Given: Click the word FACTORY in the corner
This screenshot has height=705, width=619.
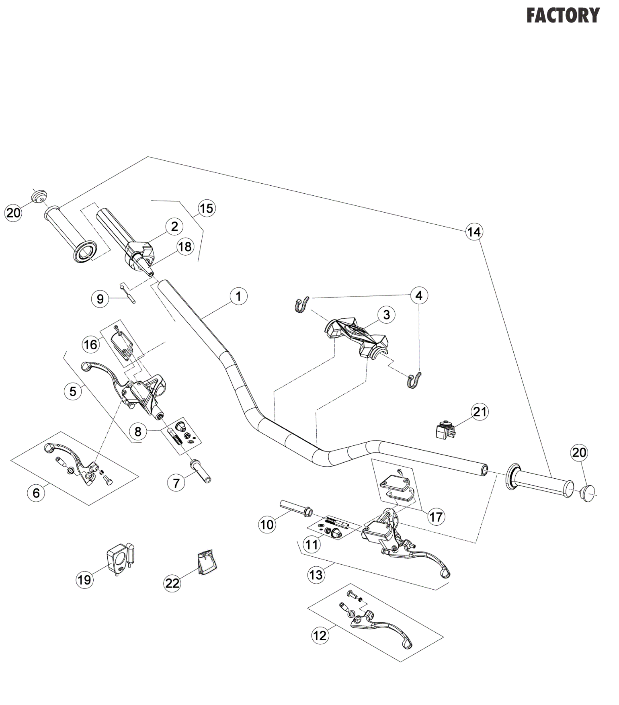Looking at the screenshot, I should [563, 16].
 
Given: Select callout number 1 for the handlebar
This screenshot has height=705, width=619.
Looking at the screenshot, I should [238, 296].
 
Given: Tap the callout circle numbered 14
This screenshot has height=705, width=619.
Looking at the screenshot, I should [474, 232].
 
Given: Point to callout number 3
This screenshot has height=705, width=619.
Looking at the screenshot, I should [386, 314].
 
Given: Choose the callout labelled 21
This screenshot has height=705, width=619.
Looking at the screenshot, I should [480, 412].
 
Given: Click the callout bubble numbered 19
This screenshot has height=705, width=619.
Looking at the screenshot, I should [84, 580].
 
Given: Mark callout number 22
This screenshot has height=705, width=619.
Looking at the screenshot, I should [172, 583].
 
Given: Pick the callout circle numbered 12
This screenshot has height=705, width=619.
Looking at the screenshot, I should [320, 635].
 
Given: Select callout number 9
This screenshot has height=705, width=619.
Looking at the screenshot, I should [100, 299].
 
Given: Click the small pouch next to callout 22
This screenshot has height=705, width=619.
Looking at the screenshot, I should [207, 562].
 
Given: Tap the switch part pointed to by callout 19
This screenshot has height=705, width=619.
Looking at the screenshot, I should [119, 557].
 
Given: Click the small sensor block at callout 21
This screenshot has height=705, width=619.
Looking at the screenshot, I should [445, 430].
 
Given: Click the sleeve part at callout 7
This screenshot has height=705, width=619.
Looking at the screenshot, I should [201, 471].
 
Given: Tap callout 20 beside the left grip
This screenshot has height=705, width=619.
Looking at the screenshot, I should [13, 212].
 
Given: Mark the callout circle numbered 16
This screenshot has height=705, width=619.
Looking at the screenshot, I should [90, 344].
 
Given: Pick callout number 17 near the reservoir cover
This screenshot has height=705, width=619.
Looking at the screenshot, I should [436, 516].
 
